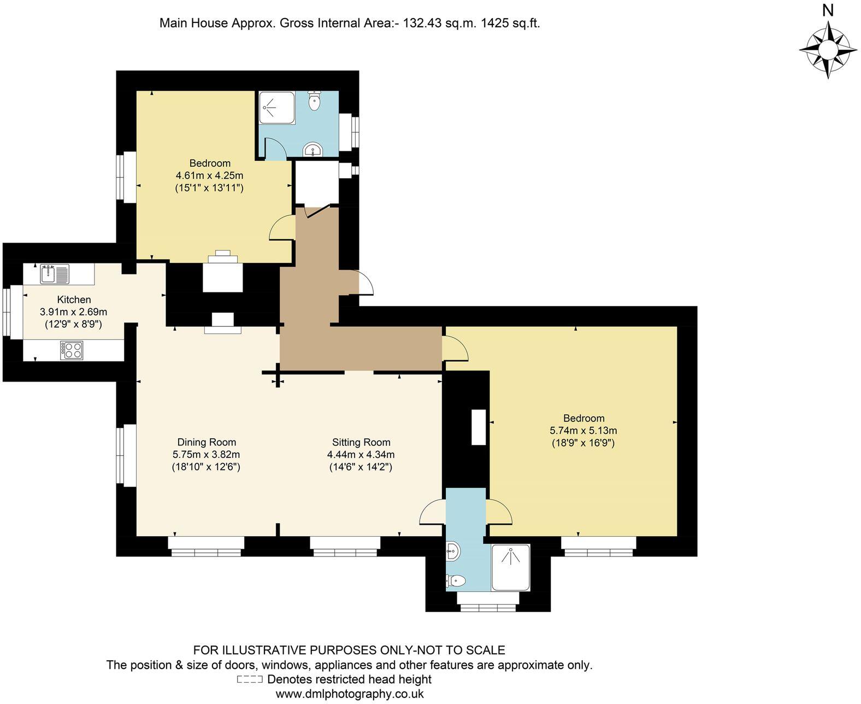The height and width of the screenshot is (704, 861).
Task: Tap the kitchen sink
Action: click(x=54, y=273)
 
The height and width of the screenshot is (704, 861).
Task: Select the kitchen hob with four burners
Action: click(x=72, y=350)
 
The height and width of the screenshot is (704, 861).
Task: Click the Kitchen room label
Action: click(x=74, y=300)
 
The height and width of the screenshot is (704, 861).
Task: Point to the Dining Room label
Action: click(x=207, y=442)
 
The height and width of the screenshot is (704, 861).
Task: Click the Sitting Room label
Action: click(x=361, y=442)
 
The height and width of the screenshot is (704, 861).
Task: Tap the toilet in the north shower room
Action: click(x=314, y=101)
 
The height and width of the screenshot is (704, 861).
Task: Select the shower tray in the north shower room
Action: click(x=276, y=107)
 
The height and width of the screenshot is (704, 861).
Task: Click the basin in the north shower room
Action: click(x=313, y=150)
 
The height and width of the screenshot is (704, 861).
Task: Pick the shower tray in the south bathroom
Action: click(x=510, y=567)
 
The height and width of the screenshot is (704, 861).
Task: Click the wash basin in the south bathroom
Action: click(x=453, y=552)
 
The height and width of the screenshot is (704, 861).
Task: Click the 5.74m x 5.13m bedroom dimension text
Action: click(x=583, y=430)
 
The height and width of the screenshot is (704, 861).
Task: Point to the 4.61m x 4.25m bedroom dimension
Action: click(x=209, y=175)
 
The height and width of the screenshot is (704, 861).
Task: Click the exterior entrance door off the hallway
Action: click(x=365, y=283)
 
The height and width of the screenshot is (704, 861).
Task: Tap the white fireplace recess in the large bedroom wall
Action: click(x=479, y=427)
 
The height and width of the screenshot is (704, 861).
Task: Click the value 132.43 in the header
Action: click(x=420, y=23)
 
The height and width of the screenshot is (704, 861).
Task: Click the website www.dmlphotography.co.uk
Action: click(x=350, y=694)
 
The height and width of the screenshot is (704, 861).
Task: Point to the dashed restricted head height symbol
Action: click(x=250, y=680)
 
